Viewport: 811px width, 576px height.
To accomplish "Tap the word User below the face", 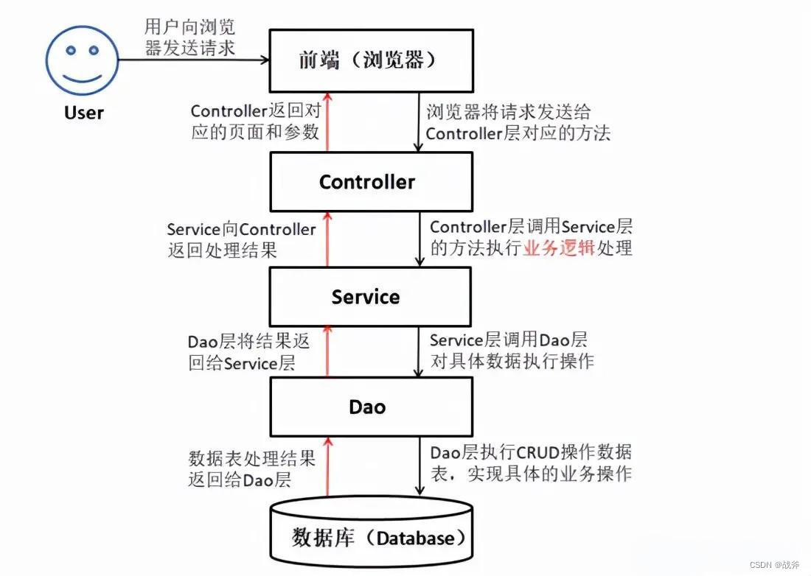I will coord(83,113).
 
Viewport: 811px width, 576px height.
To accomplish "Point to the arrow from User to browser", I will coord(192,60).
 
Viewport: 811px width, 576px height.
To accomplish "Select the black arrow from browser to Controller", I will coord(420,122).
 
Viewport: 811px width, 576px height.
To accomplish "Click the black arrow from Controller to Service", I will coord(420,239).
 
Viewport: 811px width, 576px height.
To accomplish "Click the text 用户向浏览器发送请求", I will coord(189,38).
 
